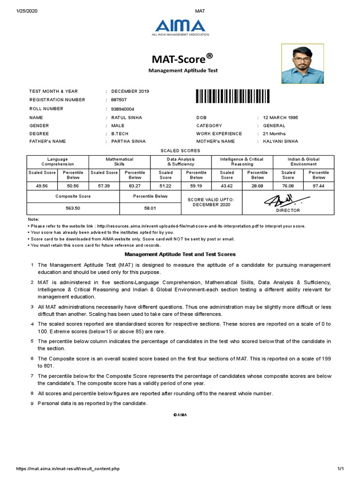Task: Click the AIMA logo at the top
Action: tap(180, 27)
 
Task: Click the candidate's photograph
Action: tap(302, 64)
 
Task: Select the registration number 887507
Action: tap(119, 100)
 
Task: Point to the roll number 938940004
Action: tap(123, 109)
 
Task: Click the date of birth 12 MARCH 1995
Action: tap(280, 118)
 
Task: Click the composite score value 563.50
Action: tap(73, 208)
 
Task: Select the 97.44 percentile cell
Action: tap(319, 186)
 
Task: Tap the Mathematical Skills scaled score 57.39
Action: tap(104, 186)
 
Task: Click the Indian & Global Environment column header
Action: tap(303, 162)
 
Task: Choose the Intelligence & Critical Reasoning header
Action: tap(242, 162)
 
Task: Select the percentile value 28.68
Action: tap(257, 186)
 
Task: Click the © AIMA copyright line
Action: tap(180, 415)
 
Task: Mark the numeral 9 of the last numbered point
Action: tap(32, 404)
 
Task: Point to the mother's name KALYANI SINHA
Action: tap(280, 141)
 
